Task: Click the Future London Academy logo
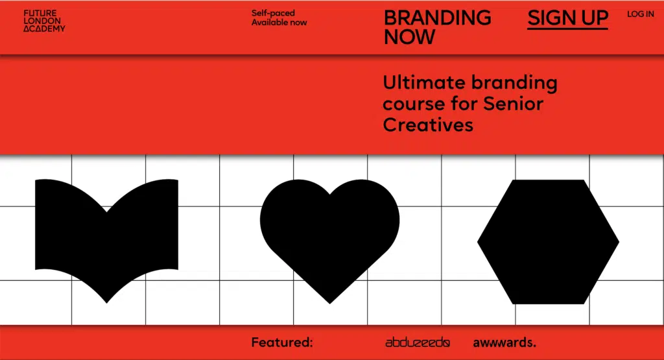point(44,21)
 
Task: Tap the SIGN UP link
point(567,18)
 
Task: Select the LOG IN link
point(640,14)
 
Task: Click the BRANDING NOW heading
point(437,27)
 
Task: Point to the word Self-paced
point(273,13)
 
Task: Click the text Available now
point(279,23)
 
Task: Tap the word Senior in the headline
point(513,104)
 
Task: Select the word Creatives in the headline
point(428,125)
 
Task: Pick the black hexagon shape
point(548,241)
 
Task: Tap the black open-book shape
point(106,234)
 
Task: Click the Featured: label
point(282,342)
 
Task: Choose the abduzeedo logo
point(417,342)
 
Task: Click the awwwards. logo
point(504,342)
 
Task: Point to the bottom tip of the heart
point(329,302)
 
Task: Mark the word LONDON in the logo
point(41,21)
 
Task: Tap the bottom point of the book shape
point(107,302)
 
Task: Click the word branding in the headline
point(514,83)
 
